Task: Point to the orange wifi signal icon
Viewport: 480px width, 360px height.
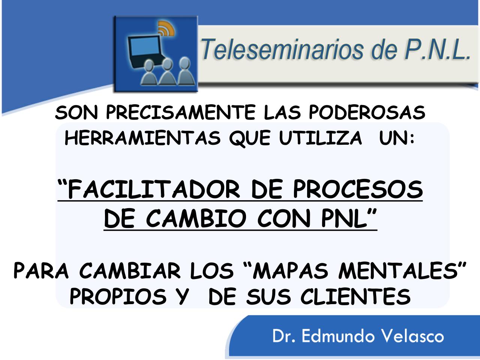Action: pyautogui.click(x=167, y=28)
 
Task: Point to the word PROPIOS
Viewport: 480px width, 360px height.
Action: pyautogui.click(x=118, y=297)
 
